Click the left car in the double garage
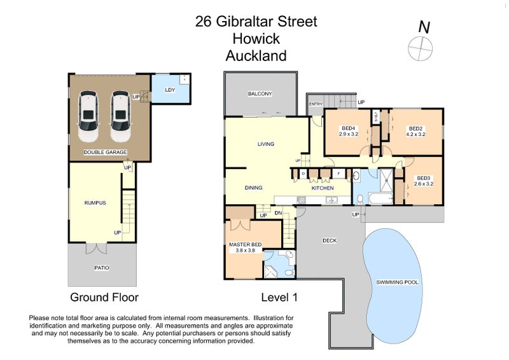[x=88, y=116]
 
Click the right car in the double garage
[x=120, y=116]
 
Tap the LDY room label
[x=170, y=90]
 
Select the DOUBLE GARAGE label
[x=105, y=152]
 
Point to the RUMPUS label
[x=95, y=203]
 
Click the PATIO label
[x=102, y=268]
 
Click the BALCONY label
[x=260, y=94]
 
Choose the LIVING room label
[x=265, y=144]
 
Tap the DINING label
[x=254, y=188]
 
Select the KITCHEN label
[x=323, y=188]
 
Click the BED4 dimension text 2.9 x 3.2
[x=349, y=134]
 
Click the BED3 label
[x=424, y=177]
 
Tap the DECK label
[x=329, y=240]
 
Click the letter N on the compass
[x=423, y=27]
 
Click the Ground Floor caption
[x=104, y=297]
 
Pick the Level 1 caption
[x=279, y=297]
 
